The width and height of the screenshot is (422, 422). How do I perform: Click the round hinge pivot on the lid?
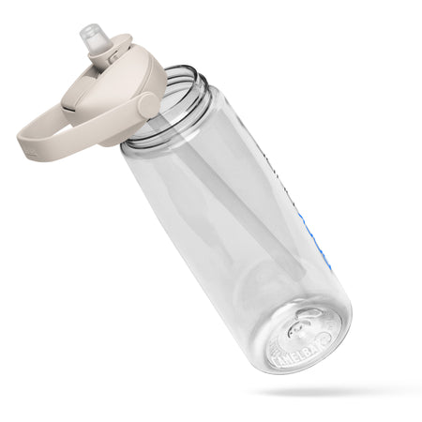(x=147, y=105)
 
